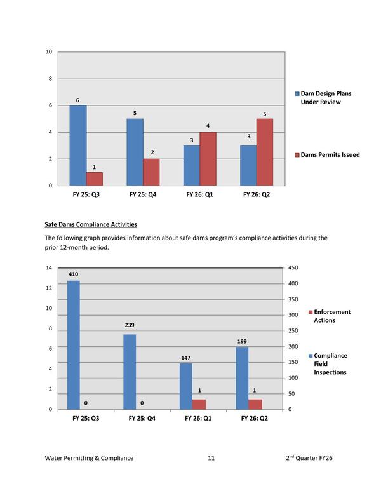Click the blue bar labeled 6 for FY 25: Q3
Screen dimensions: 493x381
[x=77, y=145]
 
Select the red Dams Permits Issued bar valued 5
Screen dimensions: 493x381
[x=265, y=152]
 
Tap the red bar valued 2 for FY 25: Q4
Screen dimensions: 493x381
[x=152, y=172]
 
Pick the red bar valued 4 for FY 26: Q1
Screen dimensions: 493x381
[x=208, y=158]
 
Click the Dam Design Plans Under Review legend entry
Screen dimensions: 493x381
[x=324, y=97]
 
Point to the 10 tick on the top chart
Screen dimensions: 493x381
[x=49, y=51]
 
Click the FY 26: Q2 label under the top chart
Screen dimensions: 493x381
[x=256, y=194]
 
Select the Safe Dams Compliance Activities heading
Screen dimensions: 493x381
[x=90, y=224]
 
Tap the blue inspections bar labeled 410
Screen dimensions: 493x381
[x=74, y=344]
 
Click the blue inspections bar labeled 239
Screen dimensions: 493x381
[x=130, y=371]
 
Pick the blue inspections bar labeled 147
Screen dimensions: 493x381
[x=185, y=386]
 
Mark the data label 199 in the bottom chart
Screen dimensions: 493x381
[x=242, y=341]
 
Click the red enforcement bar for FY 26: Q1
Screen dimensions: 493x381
[x=199, y=404]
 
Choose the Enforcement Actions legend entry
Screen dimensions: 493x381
[x=331, y=316]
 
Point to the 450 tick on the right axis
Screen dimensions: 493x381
[x=293, y=268]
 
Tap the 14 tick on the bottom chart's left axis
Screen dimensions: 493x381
[x=49, y=268]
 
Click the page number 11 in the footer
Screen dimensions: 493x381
[x=211, y=457]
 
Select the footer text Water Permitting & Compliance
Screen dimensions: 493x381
[x=90, y=457]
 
